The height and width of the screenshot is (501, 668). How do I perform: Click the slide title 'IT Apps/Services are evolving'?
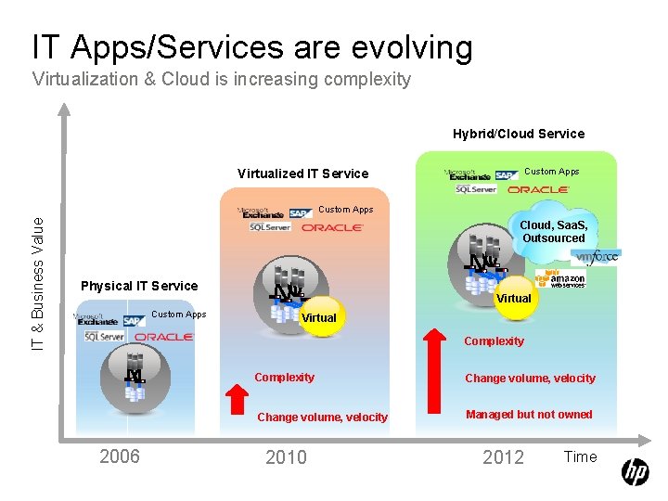pyautogui.click(x=252, y=47)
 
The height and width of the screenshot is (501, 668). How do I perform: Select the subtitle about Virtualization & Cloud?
pyautogui.click(x=222, y=79)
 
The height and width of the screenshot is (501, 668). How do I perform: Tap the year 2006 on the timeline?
pyautogui.click(x=120, y=456)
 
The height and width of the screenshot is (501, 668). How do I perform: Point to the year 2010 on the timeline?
pyautogui.click(x=287, y=456)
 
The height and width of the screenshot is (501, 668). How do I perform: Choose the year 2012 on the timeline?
pyautogui.click(x=503, y=456)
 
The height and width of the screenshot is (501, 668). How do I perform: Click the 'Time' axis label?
pyautogui.click(x=580, y=456)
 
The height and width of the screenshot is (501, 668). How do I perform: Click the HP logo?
pyautogui.click(x=635, y=472)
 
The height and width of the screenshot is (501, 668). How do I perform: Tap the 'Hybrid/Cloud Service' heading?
pyautogui.click(x=519, y=134)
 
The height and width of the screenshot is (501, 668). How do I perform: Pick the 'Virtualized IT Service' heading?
pyautogui.click(x=302, y=173)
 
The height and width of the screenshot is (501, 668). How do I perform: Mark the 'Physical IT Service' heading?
pyautogui.click(x=139, y=286)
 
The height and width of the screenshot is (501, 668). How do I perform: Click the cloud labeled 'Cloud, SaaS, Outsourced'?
pyautogui.click(x=553, y=232)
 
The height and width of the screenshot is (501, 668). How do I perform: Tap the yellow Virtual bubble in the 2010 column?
pyautogui.click(x=319, y=317)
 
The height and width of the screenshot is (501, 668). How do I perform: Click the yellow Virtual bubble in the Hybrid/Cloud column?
pyautogui.click(x=513, y=298)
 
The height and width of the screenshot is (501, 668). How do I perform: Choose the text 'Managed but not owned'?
pyautogui.click(x=529, y=415)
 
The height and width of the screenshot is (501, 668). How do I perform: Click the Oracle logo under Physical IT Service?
pyautogui.click(x=164, y=336)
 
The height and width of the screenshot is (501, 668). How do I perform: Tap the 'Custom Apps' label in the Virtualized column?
pyautogui.click(x=346, y=210)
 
